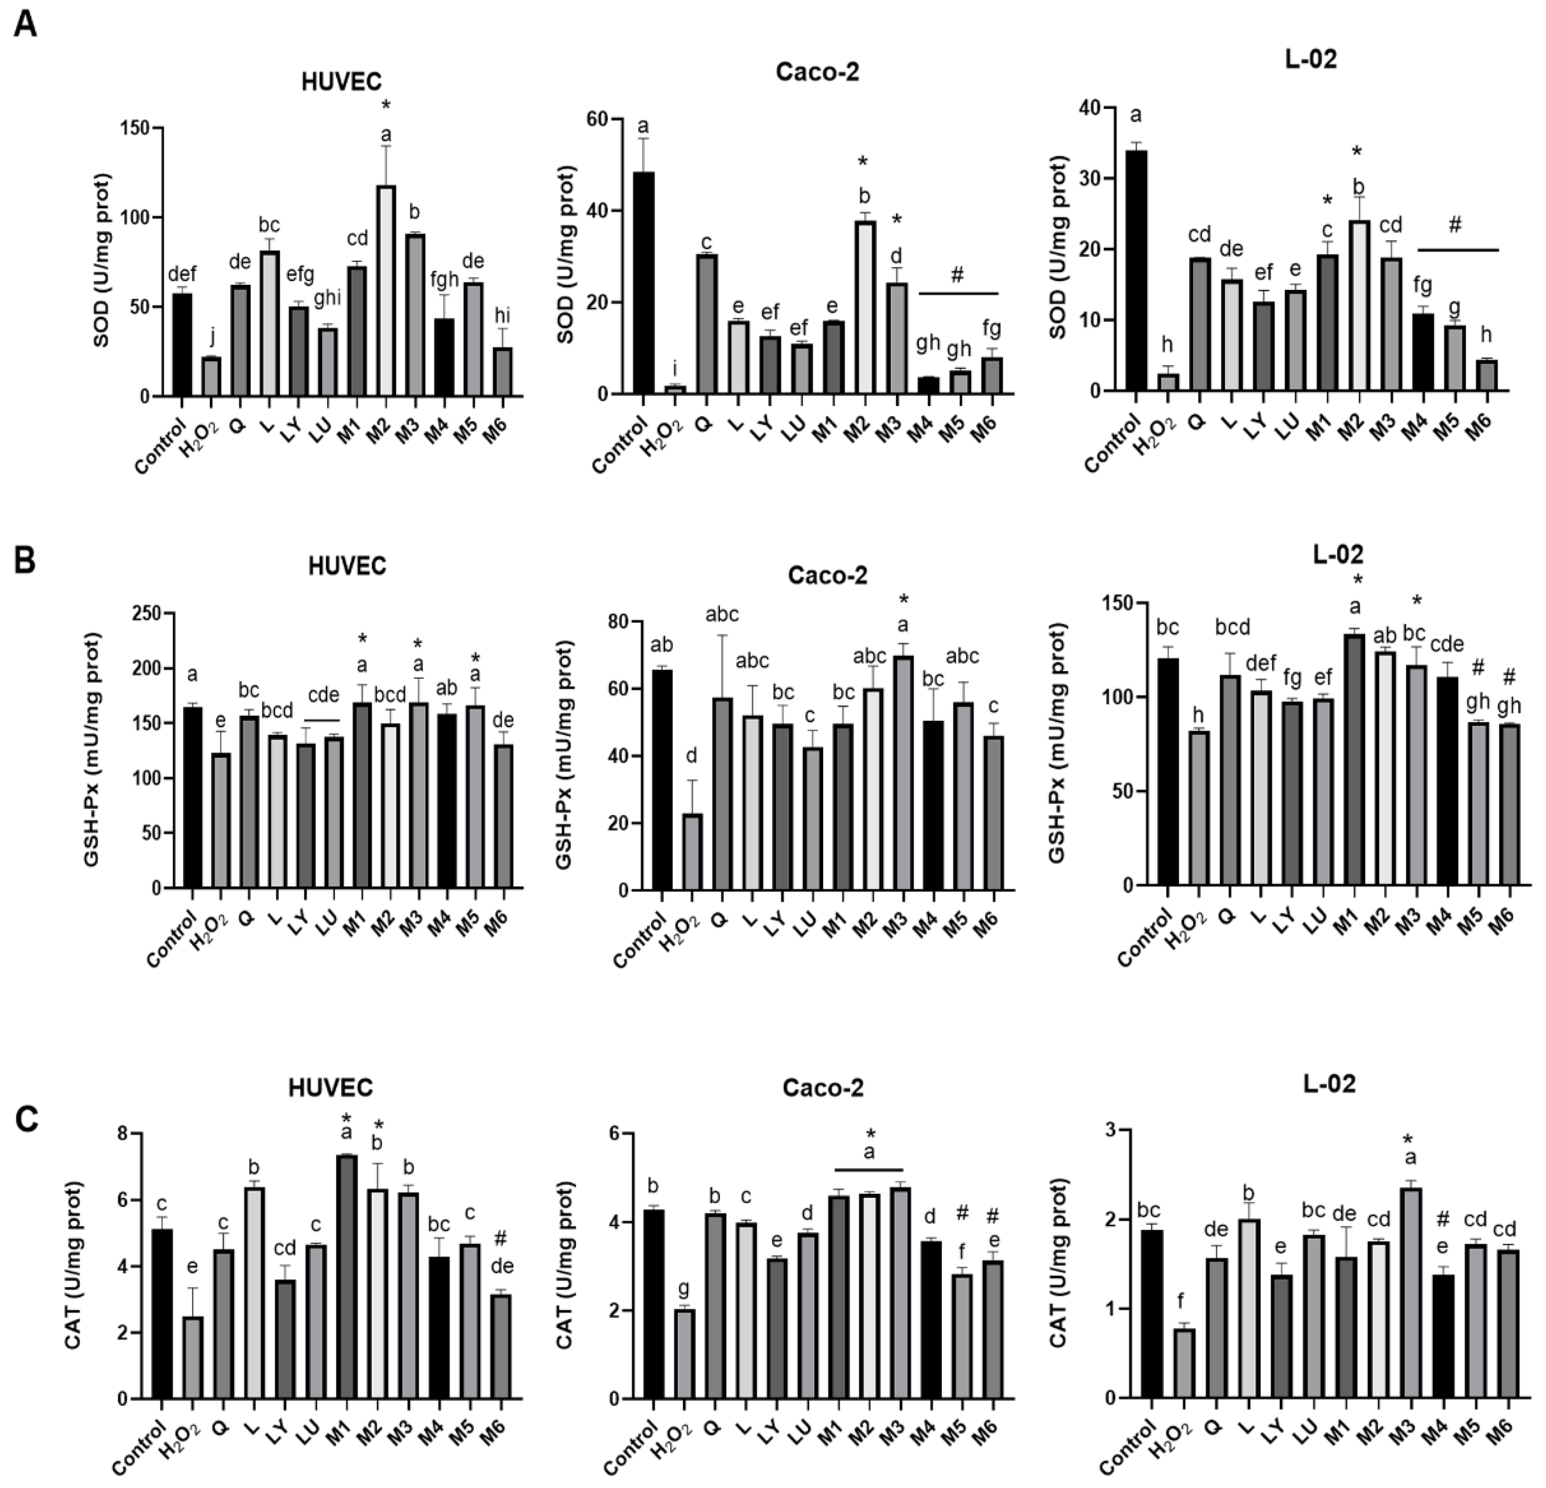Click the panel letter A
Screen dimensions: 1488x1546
coord(25,25)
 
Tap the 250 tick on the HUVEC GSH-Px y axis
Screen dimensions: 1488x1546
coord(145,613)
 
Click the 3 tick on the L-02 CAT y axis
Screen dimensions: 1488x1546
coord(1110,1131)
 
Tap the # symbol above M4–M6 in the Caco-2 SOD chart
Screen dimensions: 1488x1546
coord(957,275)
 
